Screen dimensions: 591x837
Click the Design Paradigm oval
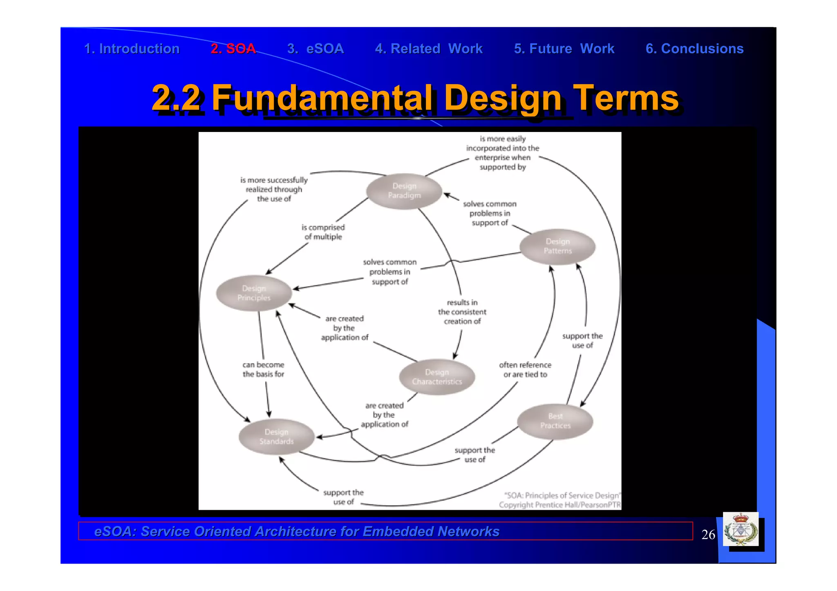pyautogui.click(x=404, y=191)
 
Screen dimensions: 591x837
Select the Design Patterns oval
pyautogui.click(x=557, y=246)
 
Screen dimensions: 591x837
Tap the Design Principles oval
pyautogui.click(x=254, y=293)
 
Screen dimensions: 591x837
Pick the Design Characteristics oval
pyautogui.click(x=436, y=377)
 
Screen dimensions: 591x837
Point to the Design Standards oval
pyautogui.click(x=276, y=437)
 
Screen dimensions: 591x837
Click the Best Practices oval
pyautogui.click(x=555, y=421)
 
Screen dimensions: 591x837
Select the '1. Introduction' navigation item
pyautogui.click(x=132, y=49)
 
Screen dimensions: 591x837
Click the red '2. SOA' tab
pyautogui.click(x=233, y=49)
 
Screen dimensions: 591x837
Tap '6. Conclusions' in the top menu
pyautogui.click(x=694, y=49)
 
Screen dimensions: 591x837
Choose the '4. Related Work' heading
pyautogui.click(x=428, y=49)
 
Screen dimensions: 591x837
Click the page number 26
pyautogui.click(x=708, y=535)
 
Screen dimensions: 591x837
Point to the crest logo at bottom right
pyautogui.click(x=741, y=530)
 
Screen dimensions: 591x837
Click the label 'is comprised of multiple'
pyautogui.click(x=323, y=232)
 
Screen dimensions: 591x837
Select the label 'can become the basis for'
pyautogui.click(x=263, y=369)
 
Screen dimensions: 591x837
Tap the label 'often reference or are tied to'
pyautogui.click(x=525, y=370)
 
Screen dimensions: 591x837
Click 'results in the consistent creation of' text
pyautogui.click(x=462, y=312)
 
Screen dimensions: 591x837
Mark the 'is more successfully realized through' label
pyautogui.click(x=274, y=189)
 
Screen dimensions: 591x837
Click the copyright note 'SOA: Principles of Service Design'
pyautogui.click(x=562, y=495)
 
